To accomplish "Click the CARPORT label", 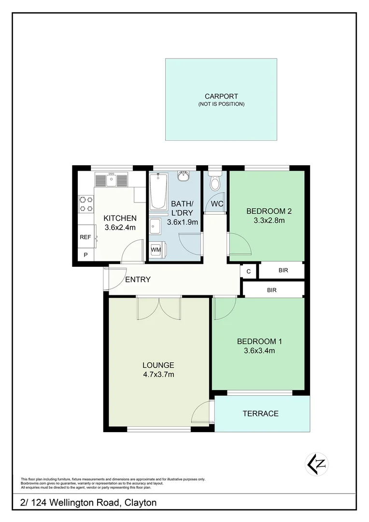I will click(221, 97).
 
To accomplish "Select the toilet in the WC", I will click(215, 183).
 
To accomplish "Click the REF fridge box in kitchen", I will click(85, 237).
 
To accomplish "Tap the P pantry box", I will click(86, 255).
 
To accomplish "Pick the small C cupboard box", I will click(248, 271).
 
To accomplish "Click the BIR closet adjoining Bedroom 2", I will click(283, 271).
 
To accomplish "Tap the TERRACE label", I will click(260, 414).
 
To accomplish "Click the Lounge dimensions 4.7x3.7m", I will click(158, 374).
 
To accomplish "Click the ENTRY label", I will click(138, 279).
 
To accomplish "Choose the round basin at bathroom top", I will click(184, 176).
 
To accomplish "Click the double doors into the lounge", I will click(159, 308).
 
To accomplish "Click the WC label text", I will click(217, 204).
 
